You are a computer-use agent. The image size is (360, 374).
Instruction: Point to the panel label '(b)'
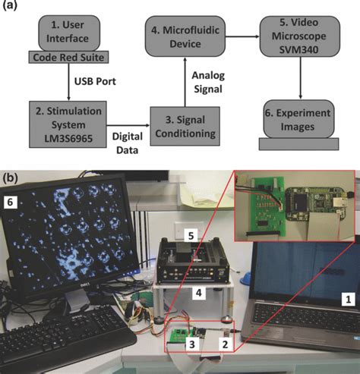pos(13,183)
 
